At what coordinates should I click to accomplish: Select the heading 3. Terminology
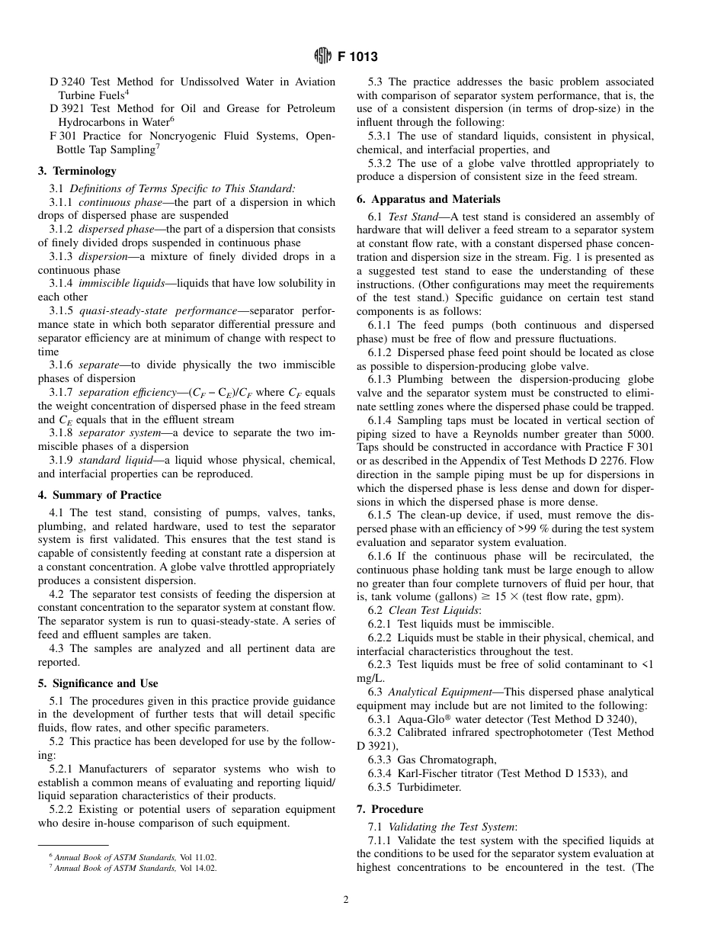(77, 171)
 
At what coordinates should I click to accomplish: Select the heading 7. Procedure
(389, 808)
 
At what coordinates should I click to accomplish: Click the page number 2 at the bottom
(345, 899)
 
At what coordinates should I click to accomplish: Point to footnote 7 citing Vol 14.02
(133, 868)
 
